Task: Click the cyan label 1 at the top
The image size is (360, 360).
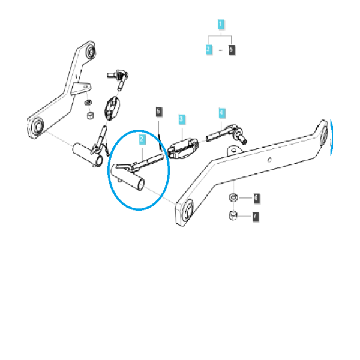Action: [x=221, y=24]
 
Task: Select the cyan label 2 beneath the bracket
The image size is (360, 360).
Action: [x=209, y=49]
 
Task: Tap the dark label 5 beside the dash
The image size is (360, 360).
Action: [x=232, y=50]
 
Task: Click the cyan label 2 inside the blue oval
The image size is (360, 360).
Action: [x=142, y=140]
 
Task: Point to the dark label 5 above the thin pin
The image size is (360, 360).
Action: [x=158, y=112]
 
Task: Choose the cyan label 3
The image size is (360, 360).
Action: [x=182, y=119]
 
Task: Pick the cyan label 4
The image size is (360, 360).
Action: [x=222, y=113]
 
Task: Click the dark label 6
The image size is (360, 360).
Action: [x=256, y=198]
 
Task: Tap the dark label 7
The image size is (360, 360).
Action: [x=256, y=217]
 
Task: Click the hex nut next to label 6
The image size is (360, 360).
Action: [x=233, y=197]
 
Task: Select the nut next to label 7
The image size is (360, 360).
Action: [x=233, y=215]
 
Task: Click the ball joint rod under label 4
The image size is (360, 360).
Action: [x=226, y=134]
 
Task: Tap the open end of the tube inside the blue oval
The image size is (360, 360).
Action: [x=141, y=184]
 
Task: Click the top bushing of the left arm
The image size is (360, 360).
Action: [x=90, y=51]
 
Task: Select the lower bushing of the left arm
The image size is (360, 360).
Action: [x=38, y=126]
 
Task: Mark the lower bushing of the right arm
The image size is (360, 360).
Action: [x=188, y=211]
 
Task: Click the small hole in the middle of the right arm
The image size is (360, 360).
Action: [x=269, y=160]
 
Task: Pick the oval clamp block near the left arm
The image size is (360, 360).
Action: [x=112, y=108]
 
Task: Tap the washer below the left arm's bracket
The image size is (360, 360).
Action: [x=88, y=103]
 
